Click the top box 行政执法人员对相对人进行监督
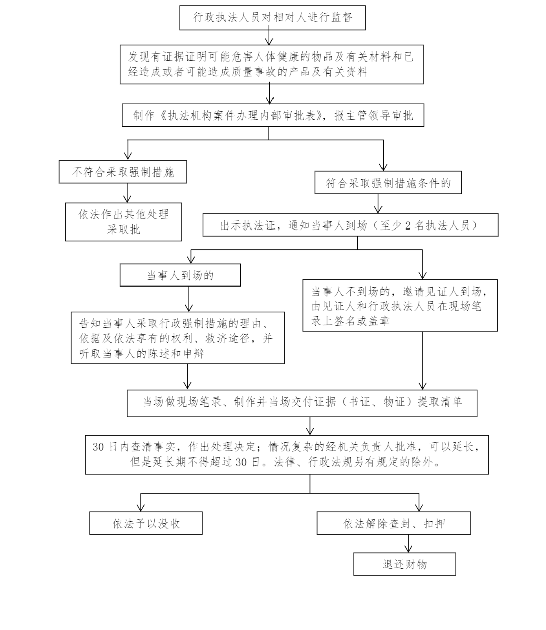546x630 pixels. [x=272, y=18]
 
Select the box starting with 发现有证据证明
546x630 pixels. [x=271, y=65]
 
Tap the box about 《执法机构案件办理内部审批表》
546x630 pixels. [x=273, y=115]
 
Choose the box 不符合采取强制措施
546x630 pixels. [x=123, y=172]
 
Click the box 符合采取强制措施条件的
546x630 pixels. [x=388, y=183]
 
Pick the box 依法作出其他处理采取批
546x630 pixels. [x=123, y=222]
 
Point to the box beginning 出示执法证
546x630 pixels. [x=350, y=225]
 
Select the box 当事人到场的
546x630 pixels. [x=180, y=275]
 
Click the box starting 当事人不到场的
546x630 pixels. [x=400, y=306]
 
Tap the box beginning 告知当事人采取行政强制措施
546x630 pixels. [x=178, y=338]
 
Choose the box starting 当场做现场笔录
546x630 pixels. [x=302, y=403]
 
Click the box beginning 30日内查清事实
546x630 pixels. [x=287, y=455]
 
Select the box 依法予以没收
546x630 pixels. [x=146, y=523]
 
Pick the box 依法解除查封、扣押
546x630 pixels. [x=394, y=523]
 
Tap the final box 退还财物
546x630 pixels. [x=405, y=564]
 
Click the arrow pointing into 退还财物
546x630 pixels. [x=408, y=543]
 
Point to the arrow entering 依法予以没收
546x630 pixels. [x=141, y=502]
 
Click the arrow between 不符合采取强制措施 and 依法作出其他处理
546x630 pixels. [x=127, y=193]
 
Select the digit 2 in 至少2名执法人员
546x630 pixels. [x=408, y=225]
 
